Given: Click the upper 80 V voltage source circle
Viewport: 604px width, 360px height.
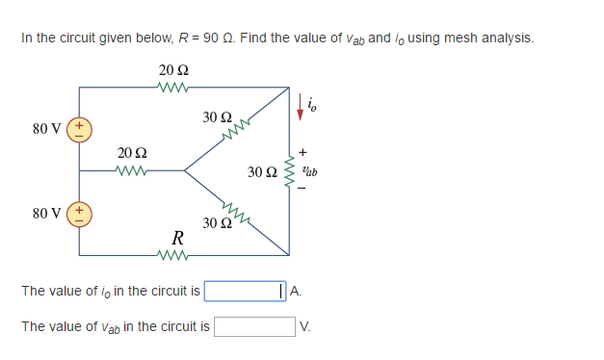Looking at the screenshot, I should pyautogui.click(x=79, y=129).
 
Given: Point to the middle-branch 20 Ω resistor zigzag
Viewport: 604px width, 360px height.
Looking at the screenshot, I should pyautogui.click(x=131, y=171).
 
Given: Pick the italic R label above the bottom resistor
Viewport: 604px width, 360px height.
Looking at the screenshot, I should pyautogui.click(x=177, y=238).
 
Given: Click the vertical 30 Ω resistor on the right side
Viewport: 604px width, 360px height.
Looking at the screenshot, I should pyautogui.click(x=288, y=171).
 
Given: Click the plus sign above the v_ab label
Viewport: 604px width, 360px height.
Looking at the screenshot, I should pyautogui.click(x=302, y=152).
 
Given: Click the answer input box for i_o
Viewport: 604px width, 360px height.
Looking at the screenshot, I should pyautogui.click(x=243, y=291).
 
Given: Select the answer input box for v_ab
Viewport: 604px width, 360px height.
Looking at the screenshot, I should pyautogui.click(x=254, y=326).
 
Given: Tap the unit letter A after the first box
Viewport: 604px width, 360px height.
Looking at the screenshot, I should pyautogui.click(x=295, y=291).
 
